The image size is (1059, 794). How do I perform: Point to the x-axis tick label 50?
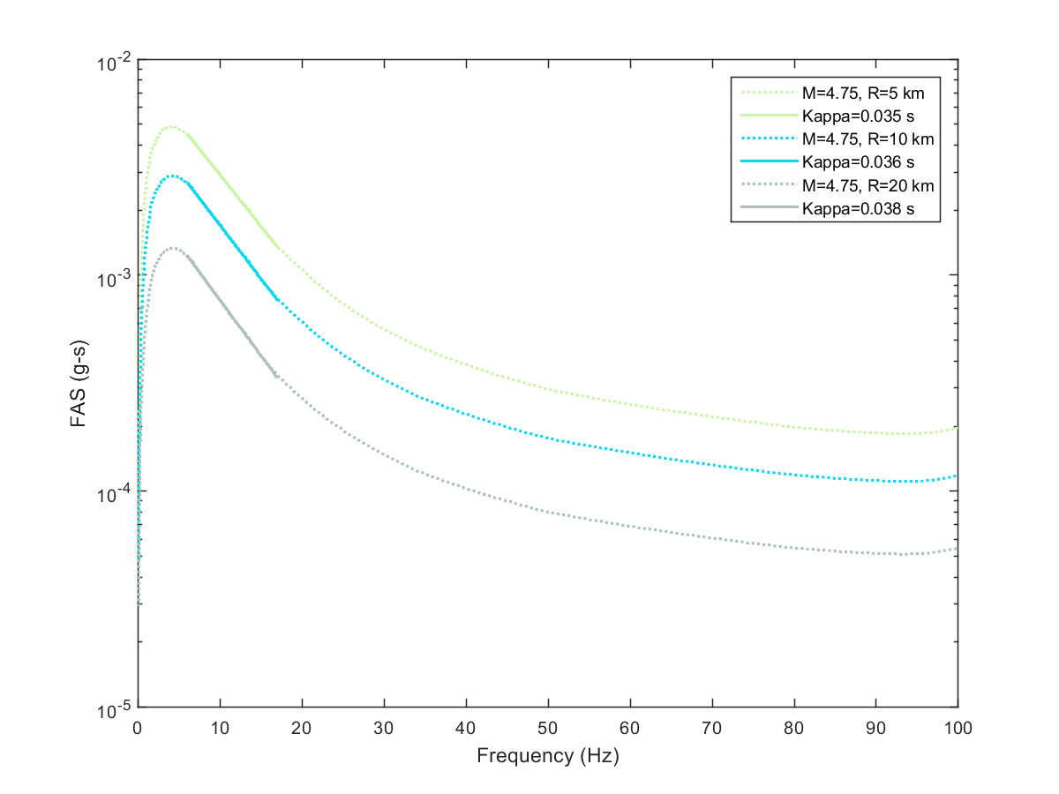pos(548,728)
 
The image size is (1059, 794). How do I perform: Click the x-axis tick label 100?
pos(958,728)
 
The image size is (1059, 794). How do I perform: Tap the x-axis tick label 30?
pos(384,728)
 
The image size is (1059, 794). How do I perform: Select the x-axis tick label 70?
pos(712,728)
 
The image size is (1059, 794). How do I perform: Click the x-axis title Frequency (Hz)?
pos(548,756)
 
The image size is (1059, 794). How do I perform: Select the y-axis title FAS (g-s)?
pos(79,385)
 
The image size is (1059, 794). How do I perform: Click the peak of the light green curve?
pos(171,127)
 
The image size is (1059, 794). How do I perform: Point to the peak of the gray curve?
pos(173,248)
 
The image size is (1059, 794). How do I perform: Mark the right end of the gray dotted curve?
pos(958,549)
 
